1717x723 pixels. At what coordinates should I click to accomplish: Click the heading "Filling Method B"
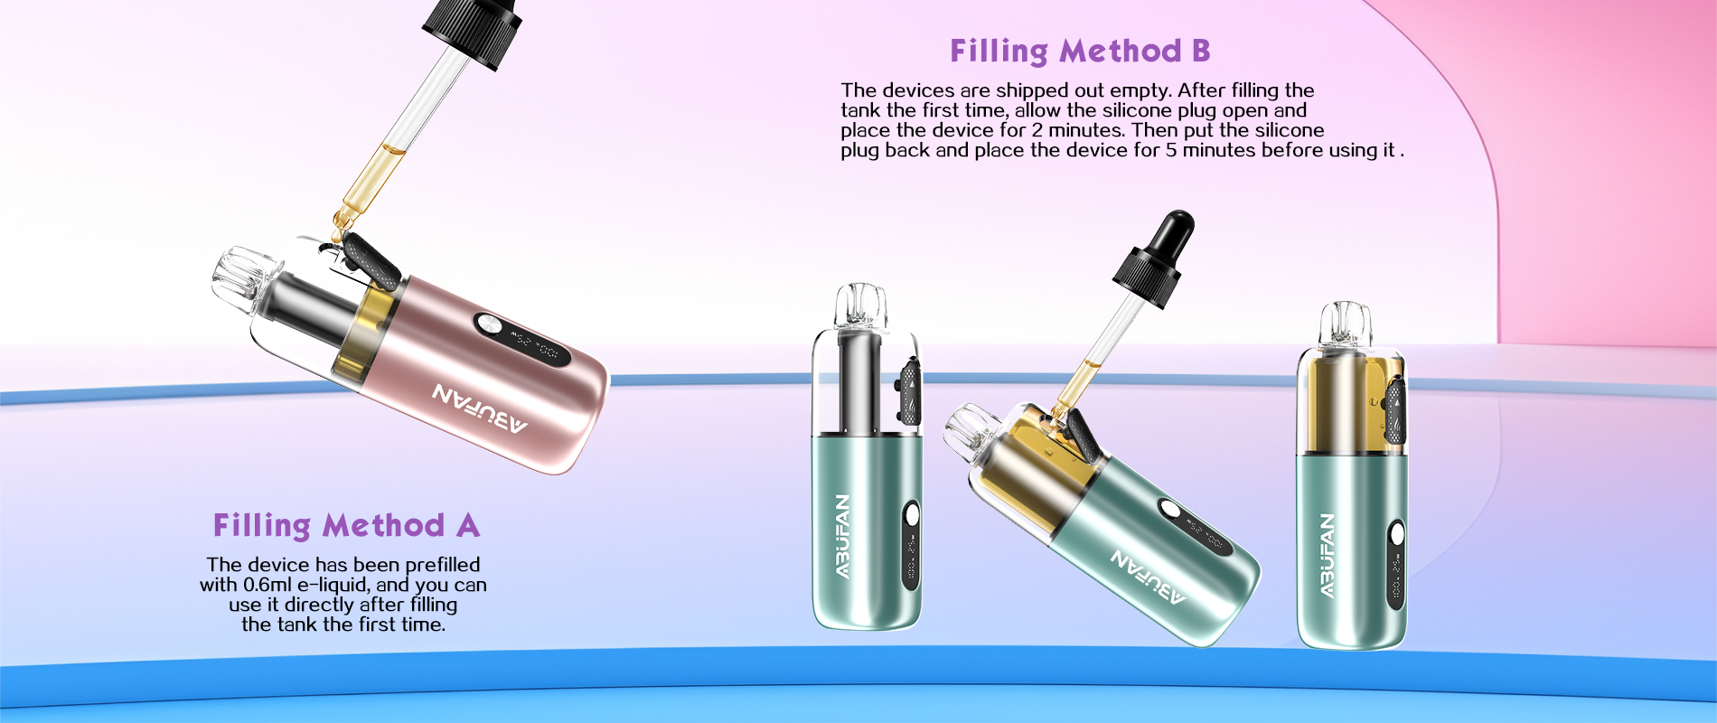tap(1079, 52)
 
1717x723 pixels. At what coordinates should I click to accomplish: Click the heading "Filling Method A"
tap(346, 525)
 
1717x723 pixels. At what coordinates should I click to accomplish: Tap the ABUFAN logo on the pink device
tap(480, 408)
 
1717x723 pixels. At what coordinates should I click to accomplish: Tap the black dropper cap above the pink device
tap(473, 29)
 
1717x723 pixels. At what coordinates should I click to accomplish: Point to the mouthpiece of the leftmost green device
tap(860, 305)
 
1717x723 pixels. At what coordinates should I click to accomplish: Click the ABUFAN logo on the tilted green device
tap(1148, 576)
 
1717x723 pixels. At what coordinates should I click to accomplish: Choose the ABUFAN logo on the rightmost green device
tap(1327, 555)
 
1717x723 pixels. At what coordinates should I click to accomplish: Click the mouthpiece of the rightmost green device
tap(1346, 324)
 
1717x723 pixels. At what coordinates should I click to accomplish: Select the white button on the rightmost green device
tap(1397, 533)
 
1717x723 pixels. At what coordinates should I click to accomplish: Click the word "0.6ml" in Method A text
tap(267, 585)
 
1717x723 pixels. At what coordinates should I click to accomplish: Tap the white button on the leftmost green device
tap(912, 515)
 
